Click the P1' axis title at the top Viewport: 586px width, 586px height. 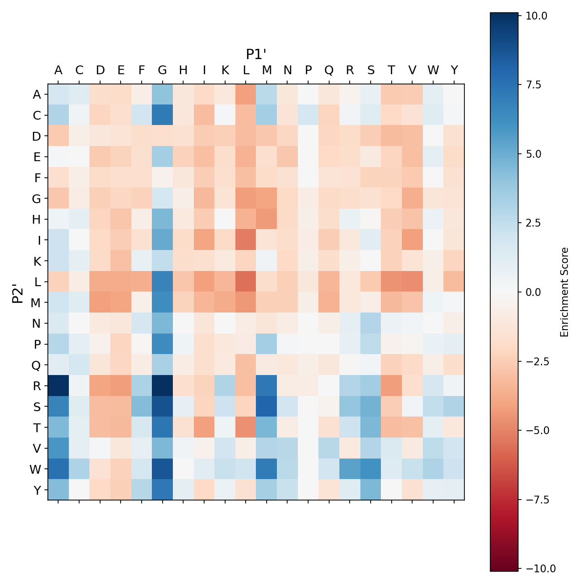(256, 54)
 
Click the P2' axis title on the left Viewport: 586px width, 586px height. (18, 292)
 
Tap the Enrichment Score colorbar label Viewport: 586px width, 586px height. (565, 292)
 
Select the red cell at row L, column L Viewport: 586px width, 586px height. (246, 282)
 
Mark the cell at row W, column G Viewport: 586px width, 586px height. (162, 469)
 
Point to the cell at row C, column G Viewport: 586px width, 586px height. (162, 115)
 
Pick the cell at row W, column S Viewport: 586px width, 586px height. (371, 469)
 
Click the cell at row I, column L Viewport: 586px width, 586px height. (246, 240)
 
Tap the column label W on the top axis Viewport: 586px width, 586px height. (433, 70)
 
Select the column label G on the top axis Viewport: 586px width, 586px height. (162, 70)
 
